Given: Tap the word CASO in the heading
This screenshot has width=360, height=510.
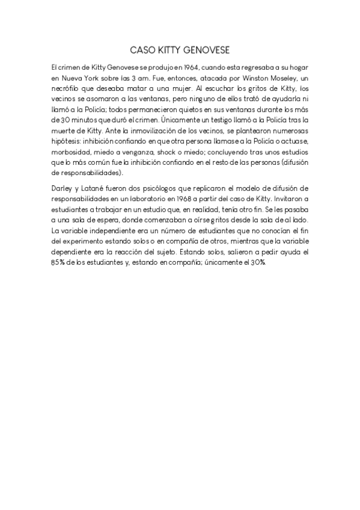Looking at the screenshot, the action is point(142,50).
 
